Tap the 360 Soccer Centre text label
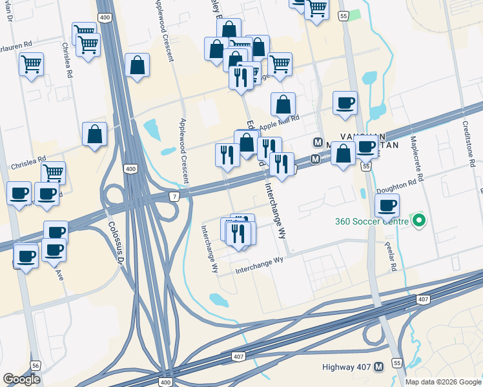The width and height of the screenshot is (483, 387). [371, 221]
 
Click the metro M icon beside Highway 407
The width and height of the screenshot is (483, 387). [378, 367]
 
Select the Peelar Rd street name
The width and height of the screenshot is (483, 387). [391, 252]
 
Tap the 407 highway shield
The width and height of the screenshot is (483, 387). [238, 357]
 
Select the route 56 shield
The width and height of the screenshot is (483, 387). [35, 365]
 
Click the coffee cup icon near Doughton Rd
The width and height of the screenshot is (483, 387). [387, 206]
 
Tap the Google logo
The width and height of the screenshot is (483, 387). [22, 379]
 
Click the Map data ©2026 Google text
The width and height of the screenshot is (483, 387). [443, 381]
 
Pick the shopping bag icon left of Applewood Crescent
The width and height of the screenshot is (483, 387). [138, 65]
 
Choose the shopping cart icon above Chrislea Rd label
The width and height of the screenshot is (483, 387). [53, 172]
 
